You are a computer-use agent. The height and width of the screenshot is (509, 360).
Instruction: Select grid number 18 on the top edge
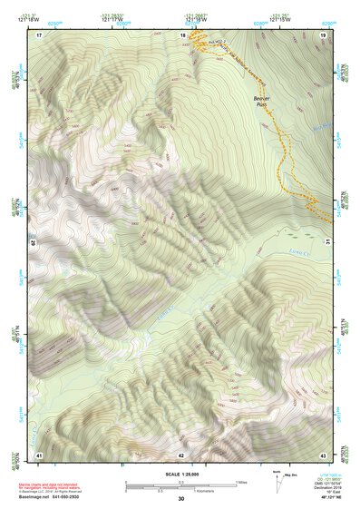(182, 34)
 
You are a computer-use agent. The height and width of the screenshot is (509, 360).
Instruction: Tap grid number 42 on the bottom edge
(181, 455)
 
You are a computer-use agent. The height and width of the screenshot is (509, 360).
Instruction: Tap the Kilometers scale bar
(180, 490)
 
